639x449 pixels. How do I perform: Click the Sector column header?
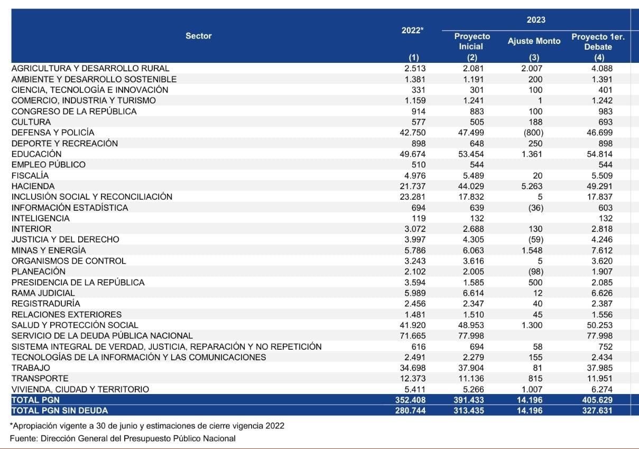(198, 36)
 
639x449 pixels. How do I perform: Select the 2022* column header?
(412, 31)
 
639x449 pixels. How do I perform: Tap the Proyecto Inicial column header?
(472, 41)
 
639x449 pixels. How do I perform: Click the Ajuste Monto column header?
(534, 41)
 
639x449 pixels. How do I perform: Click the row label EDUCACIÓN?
(36, 154)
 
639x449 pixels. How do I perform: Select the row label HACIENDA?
(33, 186)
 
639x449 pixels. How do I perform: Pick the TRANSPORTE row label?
(40, 378)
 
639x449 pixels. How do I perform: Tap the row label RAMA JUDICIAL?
(43, 293)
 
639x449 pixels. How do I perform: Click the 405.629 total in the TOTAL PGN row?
(599, 400)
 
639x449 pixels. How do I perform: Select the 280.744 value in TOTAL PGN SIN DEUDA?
(411, 410)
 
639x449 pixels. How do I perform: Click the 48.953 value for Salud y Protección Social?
(471, 325)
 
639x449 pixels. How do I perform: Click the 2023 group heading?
(535, 20)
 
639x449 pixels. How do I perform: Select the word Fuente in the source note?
(23, 438)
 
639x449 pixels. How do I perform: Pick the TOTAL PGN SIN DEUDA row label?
(59, 410)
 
